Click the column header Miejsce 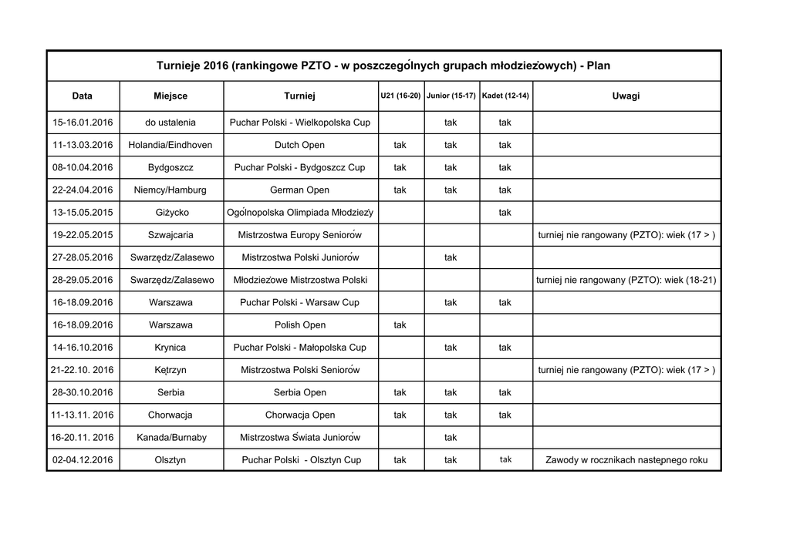pyautogui.click(x=170, y=96)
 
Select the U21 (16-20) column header pyautogui.click(x=400, y=96)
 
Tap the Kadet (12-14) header pyautogui.click(x=505, y=96)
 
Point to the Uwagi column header pyautogui.click(x=626, y=96)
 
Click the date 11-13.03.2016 pyautogui.click(x=83, y=145)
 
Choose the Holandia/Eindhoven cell pyautogui.click(x=170, y=145)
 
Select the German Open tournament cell pyautogui.click(x=299, y=190)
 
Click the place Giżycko pyautogui.click(x=170, y=212)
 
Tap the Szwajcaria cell pyautogui.click(x=170, y=235)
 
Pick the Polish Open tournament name pyautogui.click(x=299, y=325)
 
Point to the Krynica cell pyautogui.click(x=170, y=348)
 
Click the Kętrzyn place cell pyautogui.click(x=170, y=370)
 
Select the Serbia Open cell pyautogui.click(x=299, y=392)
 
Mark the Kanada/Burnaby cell pyautogui.click(x=170, y=438)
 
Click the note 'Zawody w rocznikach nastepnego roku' pyautogui.click(x=626, y=460)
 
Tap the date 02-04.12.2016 pyautogui.click(x=83, y=460)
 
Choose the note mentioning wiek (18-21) pyautogui.click(x=626, y=280)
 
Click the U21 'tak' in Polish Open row pyautogui.click(x=400, y=325)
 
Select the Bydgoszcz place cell pyautogui.click(x=170, y=167)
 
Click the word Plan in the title pyautogui.click(x=598, y=66)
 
